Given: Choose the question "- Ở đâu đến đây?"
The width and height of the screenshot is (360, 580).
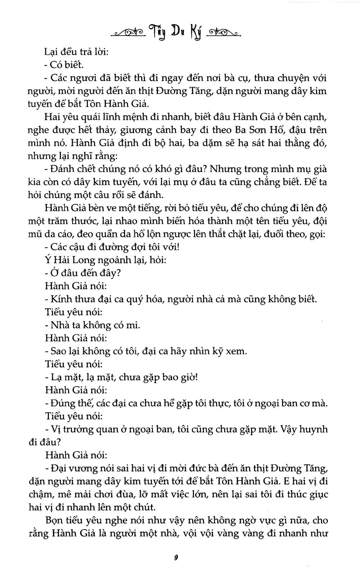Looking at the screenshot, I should click(82, 273).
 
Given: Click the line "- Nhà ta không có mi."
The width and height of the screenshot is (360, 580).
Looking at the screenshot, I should click(93, 325).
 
